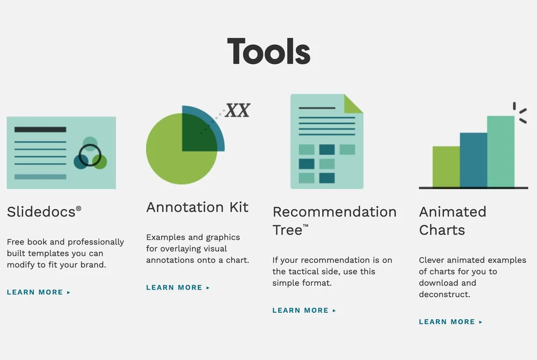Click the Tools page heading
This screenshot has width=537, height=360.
click(268, 52)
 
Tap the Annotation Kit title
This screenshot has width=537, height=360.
click(197, 207)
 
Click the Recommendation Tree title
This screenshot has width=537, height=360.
click(334, 221)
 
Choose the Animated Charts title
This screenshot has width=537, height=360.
click(452, 221)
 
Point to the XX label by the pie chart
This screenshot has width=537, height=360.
click(237, 111)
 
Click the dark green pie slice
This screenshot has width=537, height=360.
click(197, 134)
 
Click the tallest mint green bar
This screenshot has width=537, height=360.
click(500, 151)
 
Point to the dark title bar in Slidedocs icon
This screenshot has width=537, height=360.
click(40, 129)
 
